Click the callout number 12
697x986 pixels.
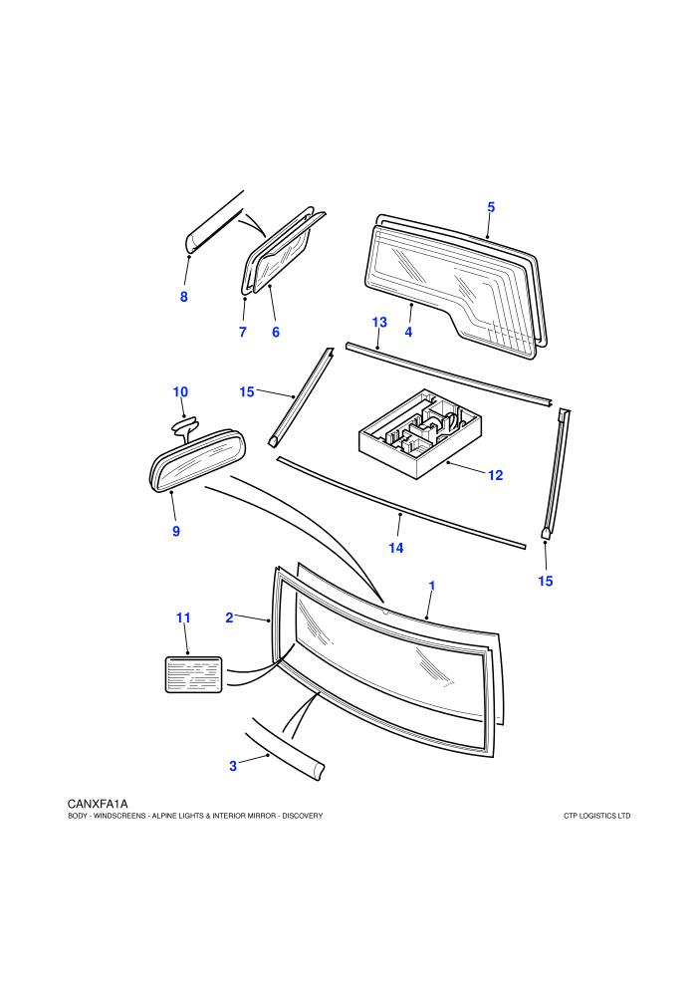tap(495, 475)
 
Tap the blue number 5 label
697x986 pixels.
tap(491, 207)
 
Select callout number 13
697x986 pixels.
tap(379, 322)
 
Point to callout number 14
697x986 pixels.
tap(396, 548)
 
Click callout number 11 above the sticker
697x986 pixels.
tap(183, 618)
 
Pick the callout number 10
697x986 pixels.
tap(180, 391)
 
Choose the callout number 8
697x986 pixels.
tap(183, 297)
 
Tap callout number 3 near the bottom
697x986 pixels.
tap(233, 766)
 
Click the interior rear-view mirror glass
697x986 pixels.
tap(197, 460)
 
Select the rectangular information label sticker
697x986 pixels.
tap(193, 674)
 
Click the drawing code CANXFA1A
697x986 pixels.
tap(98, 804)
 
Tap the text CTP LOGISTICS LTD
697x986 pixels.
tap(597, 816)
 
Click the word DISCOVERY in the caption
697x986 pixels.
tap(303, 816)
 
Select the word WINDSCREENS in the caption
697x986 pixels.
tap(119, 816)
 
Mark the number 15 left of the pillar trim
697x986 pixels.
tap(246, 391)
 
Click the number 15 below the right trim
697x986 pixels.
tap(546, 581)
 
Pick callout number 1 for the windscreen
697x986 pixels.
tap(432, 586)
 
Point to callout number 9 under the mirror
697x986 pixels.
tap(176, 532)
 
